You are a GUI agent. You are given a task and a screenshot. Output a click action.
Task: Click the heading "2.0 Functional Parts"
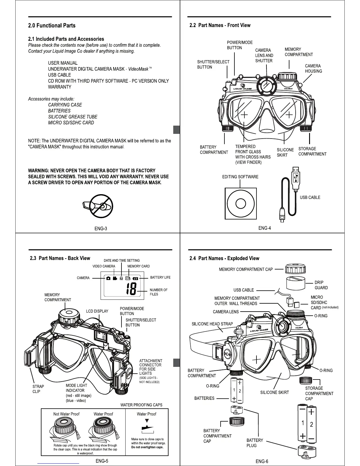click(x=52, y=26)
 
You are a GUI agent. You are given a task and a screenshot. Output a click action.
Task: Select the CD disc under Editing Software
click(x=240, y=204)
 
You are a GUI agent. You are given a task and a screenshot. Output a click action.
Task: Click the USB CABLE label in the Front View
click(x=310, y=197)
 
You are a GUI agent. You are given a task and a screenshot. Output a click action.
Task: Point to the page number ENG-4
click(x=264, y=228)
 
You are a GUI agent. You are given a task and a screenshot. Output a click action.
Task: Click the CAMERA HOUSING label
click(x=313, y=69)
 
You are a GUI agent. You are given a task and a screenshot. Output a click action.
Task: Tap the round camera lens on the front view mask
click(x=266, y=86)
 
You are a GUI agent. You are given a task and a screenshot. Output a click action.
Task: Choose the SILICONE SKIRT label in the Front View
click(x=285, y=152)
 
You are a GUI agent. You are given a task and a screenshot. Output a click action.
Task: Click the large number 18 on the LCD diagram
click(x=131, y=289)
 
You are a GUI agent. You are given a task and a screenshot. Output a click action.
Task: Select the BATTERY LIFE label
click(x=160, y=277)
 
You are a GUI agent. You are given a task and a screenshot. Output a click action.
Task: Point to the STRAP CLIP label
click(x=38, y=389)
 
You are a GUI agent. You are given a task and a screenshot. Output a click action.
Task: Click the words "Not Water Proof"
click(x=66, y=414)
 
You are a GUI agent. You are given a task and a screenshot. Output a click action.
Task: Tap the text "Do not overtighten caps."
click(x=147, y=447)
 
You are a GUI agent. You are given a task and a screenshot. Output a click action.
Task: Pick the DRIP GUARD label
click(x=321, y=285)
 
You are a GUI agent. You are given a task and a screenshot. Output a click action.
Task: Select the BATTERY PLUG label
click(x=255, y=443)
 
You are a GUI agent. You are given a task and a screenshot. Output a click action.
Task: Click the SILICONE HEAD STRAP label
click(x=212, y=324)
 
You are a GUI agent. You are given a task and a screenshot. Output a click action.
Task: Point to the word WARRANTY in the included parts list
click(x=60, y=87)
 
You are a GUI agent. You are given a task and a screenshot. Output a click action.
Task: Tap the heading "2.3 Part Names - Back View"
click(x=60, y=258)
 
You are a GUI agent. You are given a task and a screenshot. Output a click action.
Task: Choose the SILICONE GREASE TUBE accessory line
click(x=73, y=117)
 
